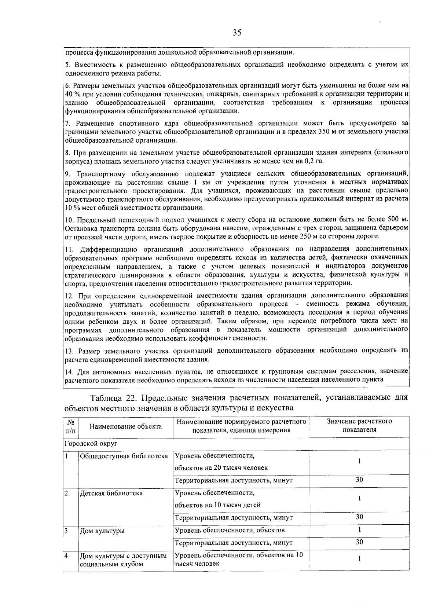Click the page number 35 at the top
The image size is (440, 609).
click(237, 33)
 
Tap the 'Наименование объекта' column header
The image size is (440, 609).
click(126, 426)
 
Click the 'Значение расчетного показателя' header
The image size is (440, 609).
click(359, 425)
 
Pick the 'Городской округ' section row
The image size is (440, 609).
click(91, 443)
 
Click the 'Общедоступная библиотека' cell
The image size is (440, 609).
click(124, 456)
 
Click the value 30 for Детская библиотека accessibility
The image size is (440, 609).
click(359, 517)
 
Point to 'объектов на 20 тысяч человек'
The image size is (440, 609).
click(221, 467)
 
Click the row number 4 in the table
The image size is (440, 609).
click(66, 555)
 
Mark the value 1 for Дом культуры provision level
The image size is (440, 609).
click(359, 529)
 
